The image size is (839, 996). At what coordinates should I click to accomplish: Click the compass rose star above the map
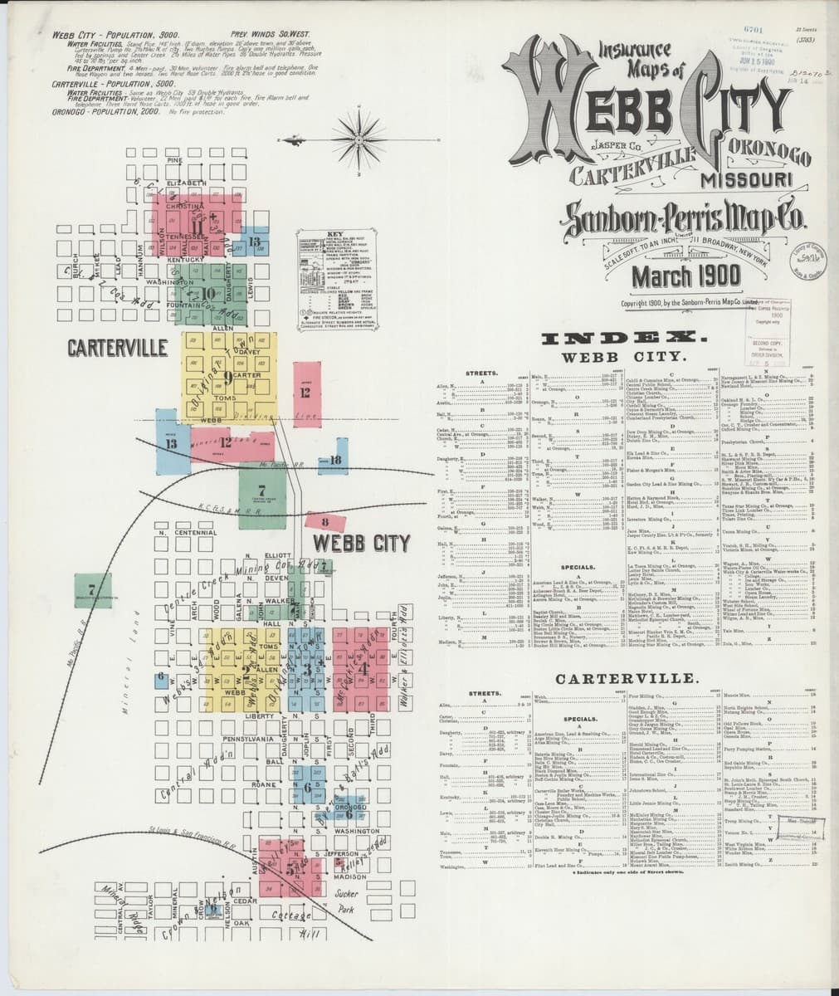pyautogui.click(x=359, y=134)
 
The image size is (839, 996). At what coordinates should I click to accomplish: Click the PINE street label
pyautogui.click(x=174, y=159)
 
